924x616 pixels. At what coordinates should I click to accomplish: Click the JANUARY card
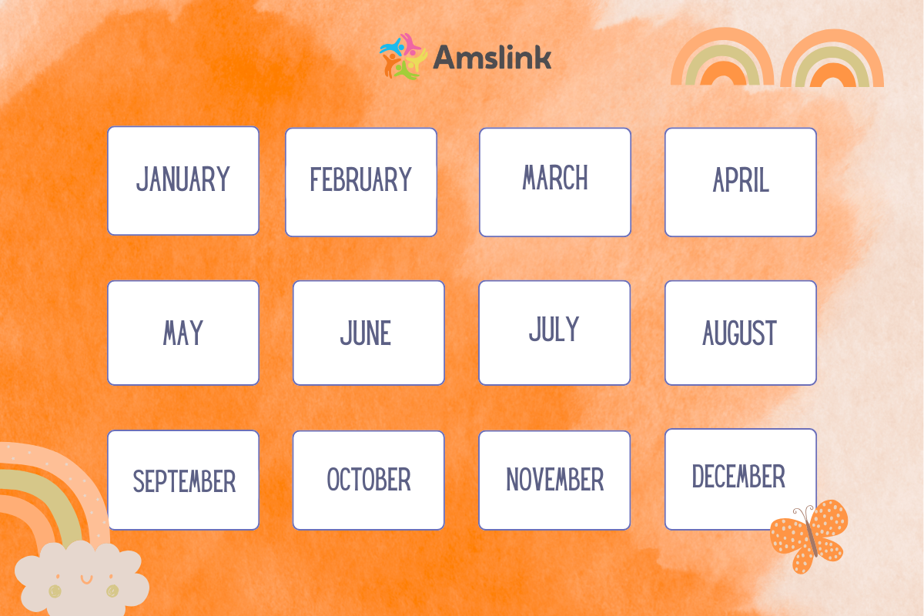(x=183, y=181)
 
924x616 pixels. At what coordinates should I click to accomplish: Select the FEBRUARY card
(x=361, y=182)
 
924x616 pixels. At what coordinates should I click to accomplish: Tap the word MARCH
(x=555, y=177)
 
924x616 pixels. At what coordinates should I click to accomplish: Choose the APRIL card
(x=741, y=182)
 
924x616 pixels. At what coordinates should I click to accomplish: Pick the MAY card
(x=183, y=333)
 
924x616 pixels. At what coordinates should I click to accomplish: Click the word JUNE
(x=366, y=333)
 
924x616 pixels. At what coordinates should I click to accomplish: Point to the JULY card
(x=554, y=333)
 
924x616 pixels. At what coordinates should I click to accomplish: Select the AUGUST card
(x=741, y=333)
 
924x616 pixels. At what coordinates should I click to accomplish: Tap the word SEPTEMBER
(x=184, y=481)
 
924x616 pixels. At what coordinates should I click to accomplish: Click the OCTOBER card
(x=368, y=480)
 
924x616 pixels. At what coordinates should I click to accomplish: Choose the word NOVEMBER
(x=555, y=480)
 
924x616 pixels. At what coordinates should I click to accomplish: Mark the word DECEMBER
(x=738, y=477)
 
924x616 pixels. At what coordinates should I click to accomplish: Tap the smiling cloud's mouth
(x=86, y=580)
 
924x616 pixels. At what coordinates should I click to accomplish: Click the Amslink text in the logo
(x=492, y=57)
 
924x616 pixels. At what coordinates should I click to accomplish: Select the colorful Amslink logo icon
(x=403, y=56)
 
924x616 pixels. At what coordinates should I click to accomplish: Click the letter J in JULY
(x=534, y=330)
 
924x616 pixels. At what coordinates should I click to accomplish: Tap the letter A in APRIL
(x=719, y=180)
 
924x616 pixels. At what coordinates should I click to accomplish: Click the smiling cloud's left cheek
(x=55, y=591)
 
